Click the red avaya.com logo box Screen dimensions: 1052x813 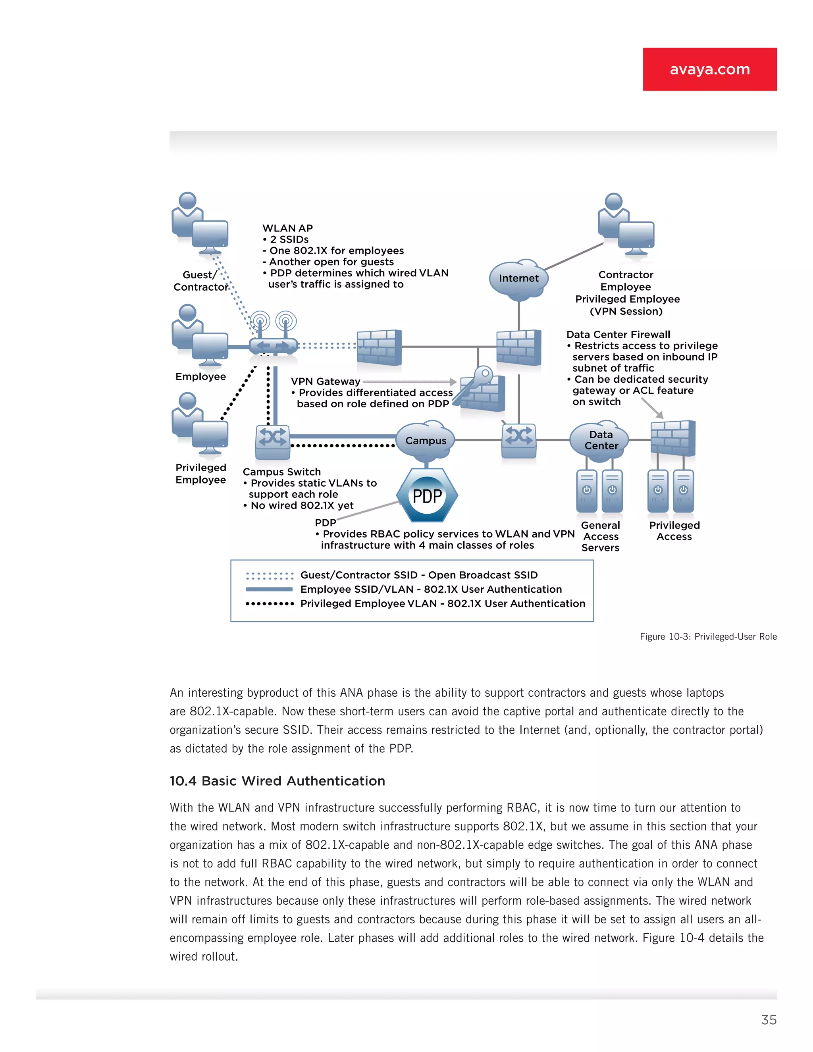tap(709, 69)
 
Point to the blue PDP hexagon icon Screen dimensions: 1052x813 tap(427, 496)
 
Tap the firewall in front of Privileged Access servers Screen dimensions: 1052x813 tap(673, 438)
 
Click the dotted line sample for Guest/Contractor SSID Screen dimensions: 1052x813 tap(269, 576)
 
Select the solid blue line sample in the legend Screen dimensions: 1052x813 tap(269, 590)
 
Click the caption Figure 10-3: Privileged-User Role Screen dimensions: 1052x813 tap(708, 637)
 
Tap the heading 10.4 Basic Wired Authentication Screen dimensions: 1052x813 tap(277, 781)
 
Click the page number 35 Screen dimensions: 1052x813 tap(769, 1020)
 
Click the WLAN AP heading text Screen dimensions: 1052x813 tap(287, 228)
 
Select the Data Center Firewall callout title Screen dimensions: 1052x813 tap(618, 335)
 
